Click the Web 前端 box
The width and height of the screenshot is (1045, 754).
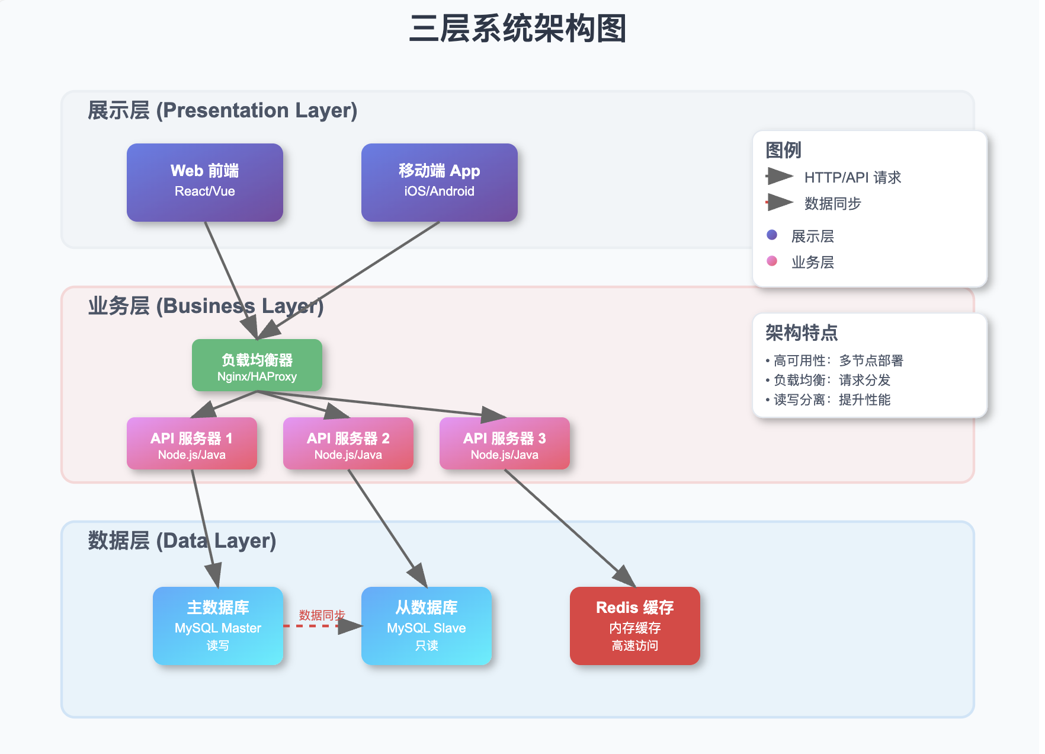pyautogui.click(x=204, y=182)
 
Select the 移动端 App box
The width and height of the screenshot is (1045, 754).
pyautogui.click(x=439, y=182)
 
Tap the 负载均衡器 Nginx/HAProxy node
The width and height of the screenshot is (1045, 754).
pyautogui.click(x=257, y=365)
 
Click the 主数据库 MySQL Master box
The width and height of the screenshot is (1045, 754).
pyautogui.click(x=217, y=625)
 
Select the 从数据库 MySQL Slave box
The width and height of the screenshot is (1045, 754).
pyautogui.click(x=426, y=625)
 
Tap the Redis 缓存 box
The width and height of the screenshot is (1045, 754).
pyautogui.click(x=634, y=625)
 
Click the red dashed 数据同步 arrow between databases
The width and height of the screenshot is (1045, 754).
pyautogui.click(x=314, y=626)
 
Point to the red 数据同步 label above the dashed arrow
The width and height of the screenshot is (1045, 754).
pyautogui.click(x=322, y=615)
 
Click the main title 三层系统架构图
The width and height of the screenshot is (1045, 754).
pyautogui.click(x=517, y=28)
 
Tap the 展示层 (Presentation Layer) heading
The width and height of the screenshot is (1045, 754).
pyautogui.click(x=222, y=110)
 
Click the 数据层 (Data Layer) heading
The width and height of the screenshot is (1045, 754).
pyautogui.click(x=182, y=541)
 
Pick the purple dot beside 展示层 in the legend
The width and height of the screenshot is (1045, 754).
pyautogui.click(x=771, y=235)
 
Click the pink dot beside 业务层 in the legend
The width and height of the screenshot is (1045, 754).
pyautogui.click(x=771, y=261)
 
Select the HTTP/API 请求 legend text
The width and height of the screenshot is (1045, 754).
pyautogui.click(x=852, y=177)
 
